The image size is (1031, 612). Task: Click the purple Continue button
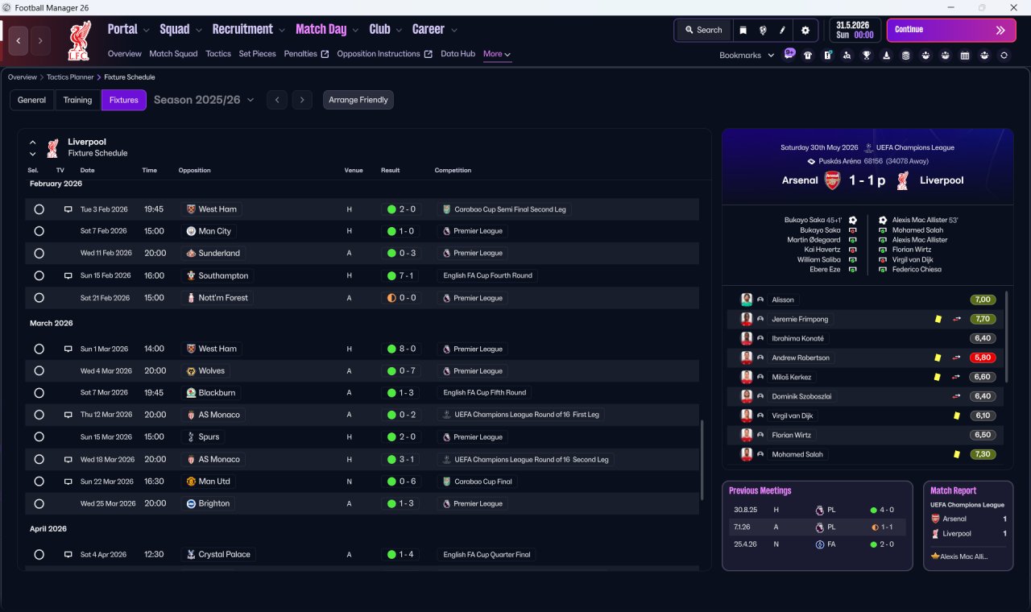(951, 30)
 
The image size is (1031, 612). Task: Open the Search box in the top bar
(703, 30)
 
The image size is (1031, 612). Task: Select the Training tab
(77, 100)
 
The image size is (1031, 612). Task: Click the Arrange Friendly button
(358, 100)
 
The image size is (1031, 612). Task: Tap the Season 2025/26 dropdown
(204, 100)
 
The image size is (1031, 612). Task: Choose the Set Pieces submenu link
(257, 54)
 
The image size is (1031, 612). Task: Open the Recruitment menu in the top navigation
(242, 30)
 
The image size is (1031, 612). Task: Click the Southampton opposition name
(223, 275)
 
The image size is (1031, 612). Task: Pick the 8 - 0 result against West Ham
(408, 349)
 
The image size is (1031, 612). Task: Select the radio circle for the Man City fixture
(39, 231)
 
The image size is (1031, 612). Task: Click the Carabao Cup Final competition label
(482, 482)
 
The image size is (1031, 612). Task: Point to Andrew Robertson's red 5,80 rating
(983, 358)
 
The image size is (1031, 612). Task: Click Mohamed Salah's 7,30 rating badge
(983, 454)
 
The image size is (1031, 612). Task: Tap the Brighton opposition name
(214, 503)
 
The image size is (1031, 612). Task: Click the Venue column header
(354, 170)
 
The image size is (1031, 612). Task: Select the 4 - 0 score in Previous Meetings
(887, 510)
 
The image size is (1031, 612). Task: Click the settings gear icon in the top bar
(805, 31)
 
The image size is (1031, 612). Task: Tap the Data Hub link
(458, 54)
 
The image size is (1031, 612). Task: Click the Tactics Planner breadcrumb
(70, 77)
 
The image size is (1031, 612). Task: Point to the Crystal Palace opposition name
(224, 555)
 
